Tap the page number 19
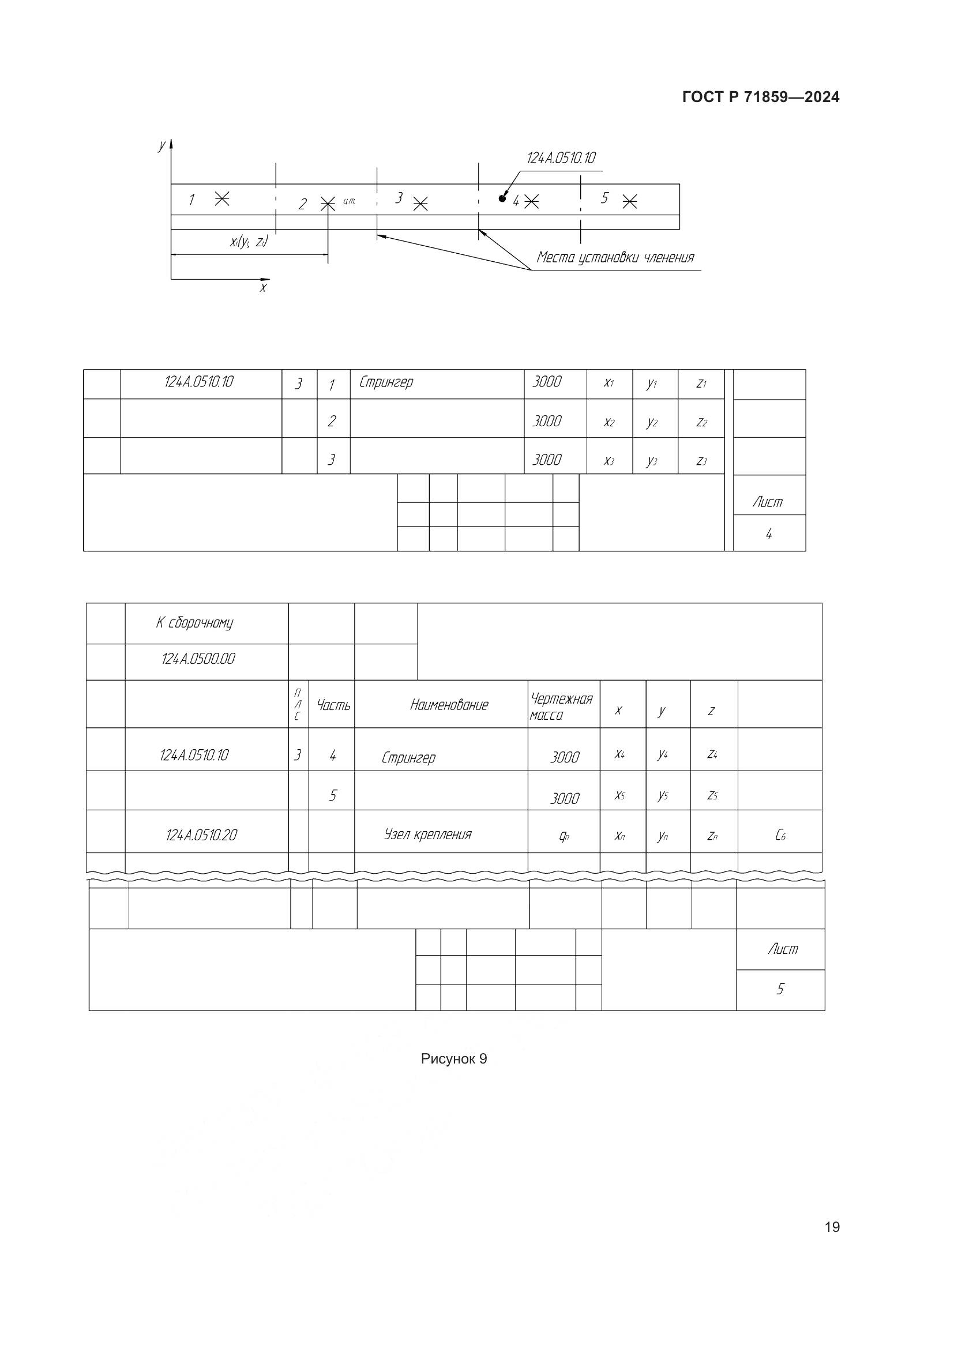tap(832, 1227)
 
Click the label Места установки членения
tap(615, 258)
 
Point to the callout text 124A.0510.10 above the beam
tap(561, 158)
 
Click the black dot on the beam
tap(502, 198)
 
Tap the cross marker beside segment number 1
tap(221, 198)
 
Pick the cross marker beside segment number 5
tap(629, 201)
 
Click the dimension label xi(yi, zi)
tap(249, 242)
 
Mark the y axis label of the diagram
tap(161, 146)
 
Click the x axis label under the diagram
tap(263, 288)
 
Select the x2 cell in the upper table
tap(609, 422)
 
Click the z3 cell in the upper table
tap(701, 461)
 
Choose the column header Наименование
tap(449, 705)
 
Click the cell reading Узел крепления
tap(427, 835)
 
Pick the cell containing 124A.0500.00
tap(198, 659)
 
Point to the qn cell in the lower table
tap(564, 836)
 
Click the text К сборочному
tap(194, 623)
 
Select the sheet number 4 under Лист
tap(768, 533)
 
